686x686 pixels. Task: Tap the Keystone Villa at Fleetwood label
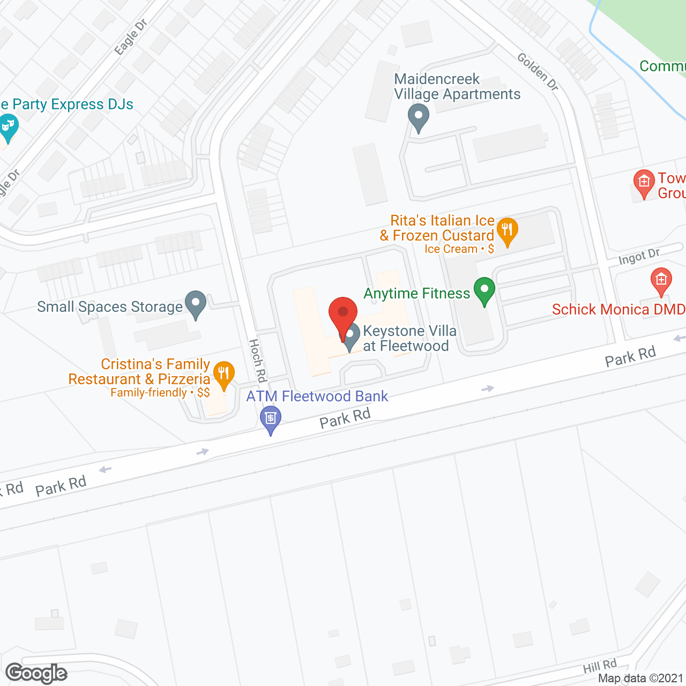pos(409,338)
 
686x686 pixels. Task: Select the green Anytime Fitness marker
pos(484,291)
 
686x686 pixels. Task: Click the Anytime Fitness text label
pos(416,294)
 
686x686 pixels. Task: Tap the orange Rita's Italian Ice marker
pos(506,231)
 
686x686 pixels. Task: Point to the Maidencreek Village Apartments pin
pos(418,117)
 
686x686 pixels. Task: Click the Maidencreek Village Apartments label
pos(457,87)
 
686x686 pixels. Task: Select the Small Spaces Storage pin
pos(196,304)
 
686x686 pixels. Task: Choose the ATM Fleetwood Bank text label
pos(317,397)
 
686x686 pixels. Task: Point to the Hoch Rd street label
pos(258,360)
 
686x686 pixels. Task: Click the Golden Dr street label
pos(538,72)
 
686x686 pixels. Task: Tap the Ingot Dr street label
pos(639,256)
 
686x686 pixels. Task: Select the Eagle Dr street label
pos(131,36)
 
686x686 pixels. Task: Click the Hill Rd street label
pos(600,667)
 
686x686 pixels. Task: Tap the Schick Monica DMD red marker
pos(661,281)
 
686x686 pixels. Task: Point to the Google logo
pos(36,673)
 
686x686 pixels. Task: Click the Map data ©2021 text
pos(641,678)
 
